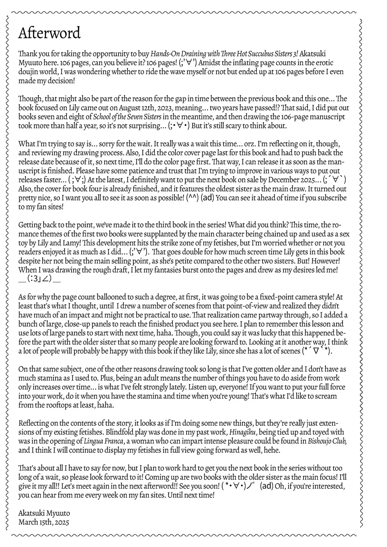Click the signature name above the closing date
point(44,513)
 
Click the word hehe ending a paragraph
point(273,450)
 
